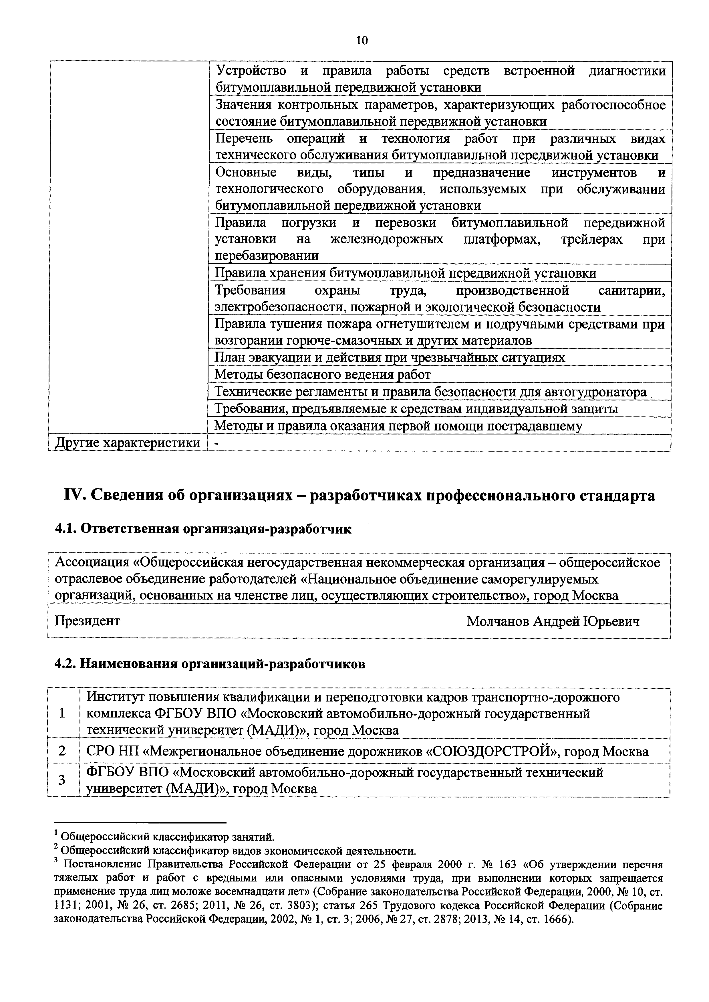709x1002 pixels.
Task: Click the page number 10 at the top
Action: tap(362, 41)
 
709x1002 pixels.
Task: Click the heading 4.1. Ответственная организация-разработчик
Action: tap(203, 529)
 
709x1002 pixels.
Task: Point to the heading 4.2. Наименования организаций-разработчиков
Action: tap(210, 664)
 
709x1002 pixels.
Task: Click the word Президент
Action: tap(87, 621)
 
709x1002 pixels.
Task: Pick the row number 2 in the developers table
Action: tap(62, 751)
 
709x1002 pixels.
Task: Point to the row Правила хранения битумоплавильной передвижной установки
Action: tap(405, 273)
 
